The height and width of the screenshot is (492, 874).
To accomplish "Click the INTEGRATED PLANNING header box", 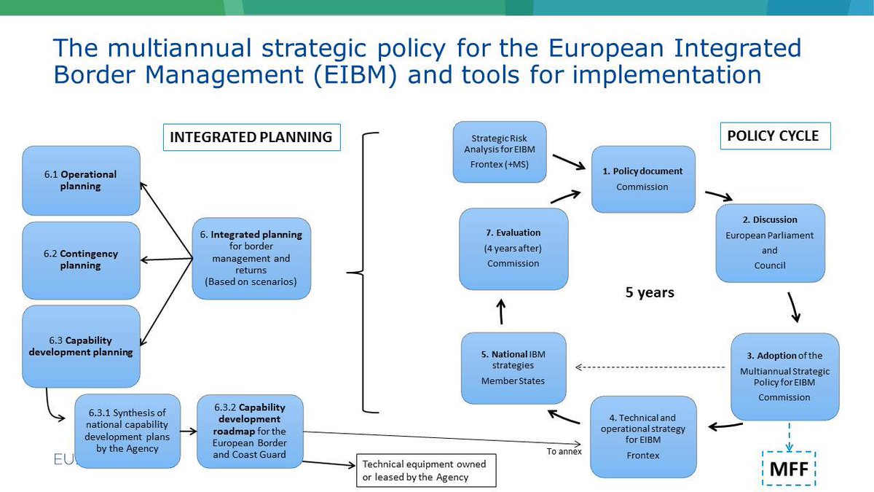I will (251, 136).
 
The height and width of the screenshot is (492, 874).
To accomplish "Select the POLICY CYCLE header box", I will (773, 136).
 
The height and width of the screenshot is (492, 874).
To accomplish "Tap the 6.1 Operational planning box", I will (80, 181).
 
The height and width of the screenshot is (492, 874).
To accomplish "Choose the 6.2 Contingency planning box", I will (80, 259).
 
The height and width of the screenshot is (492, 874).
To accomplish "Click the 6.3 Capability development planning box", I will (80, 346).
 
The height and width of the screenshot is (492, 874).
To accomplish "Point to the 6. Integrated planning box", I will (251, 258).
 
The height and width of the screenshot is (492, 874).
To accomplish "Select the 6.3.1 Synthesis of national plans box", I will (127, 425).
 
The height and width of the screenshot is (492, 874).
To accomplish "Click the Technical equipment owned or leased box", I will (425, 471).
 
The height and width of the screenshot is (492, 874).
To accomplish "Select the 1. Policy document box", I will (642, 179).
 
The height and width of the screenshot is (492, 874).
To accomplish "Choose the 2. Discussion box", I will (770, 243).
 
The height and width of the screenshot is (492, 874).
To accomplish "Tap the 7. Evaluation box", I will (513, 248).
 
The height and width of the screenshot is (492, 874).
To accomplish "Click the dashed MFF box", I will (789, 469).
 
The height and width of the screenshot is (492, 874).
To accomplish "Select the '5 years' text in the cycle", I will (650, 293).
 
